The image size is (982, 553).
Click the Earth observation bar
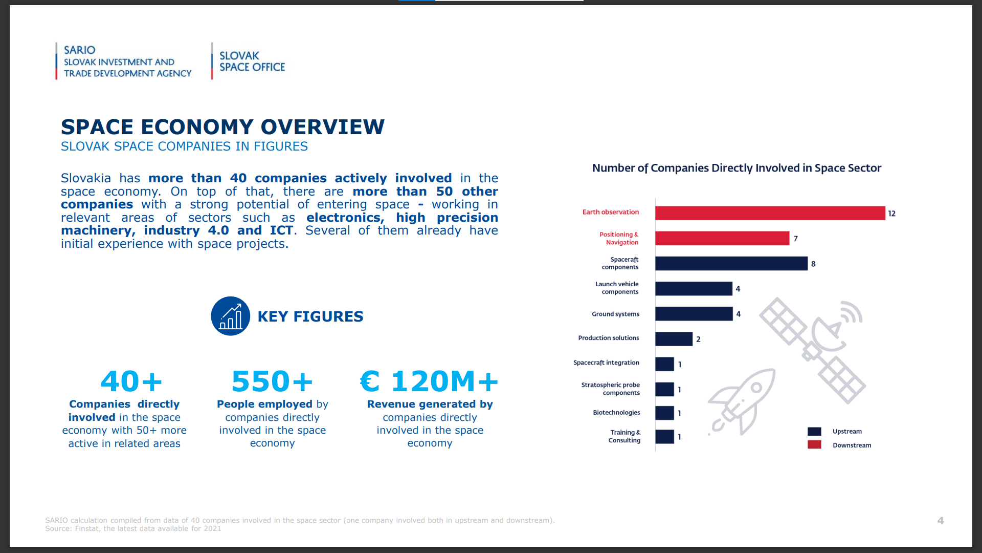point(770,213)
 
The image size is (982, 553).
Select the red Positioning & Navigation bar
point(722,238)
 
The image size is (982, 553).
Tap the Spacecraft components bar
point(731,263)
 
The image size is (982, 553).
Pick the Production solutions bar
point(674,339)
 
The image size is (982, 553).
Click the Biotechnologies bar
point(664,413)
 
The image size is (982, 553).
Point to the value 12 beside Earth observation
point(891,214)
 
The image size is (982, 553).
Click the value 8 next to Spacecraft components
point(813,264)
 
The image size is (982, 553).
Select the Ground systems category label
point(615,314)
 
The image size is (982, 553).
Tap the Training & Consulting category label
point(624,436)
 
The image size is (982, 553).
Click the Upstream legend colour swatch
point(814,432)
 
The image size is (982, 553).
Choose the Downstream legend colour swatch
point(814,445)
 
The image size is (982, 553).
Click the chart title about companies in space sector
point(736,168)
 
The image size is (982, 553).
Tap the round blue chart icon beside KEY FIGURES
point(230,316)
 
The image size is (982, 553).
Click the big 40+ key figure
point(131,381)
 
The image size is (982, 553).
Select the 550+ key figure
point(272,381)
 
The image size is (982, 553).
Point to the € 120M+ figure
point(429,381)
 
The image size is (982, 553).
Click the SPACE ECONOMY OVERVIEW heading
point(222,127)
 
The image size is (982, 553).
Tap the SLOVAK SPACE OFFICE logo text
point(252,61)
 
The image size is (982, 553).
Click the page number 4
point(940,521)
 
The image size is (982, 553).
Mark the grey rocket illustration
point(742,402)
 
